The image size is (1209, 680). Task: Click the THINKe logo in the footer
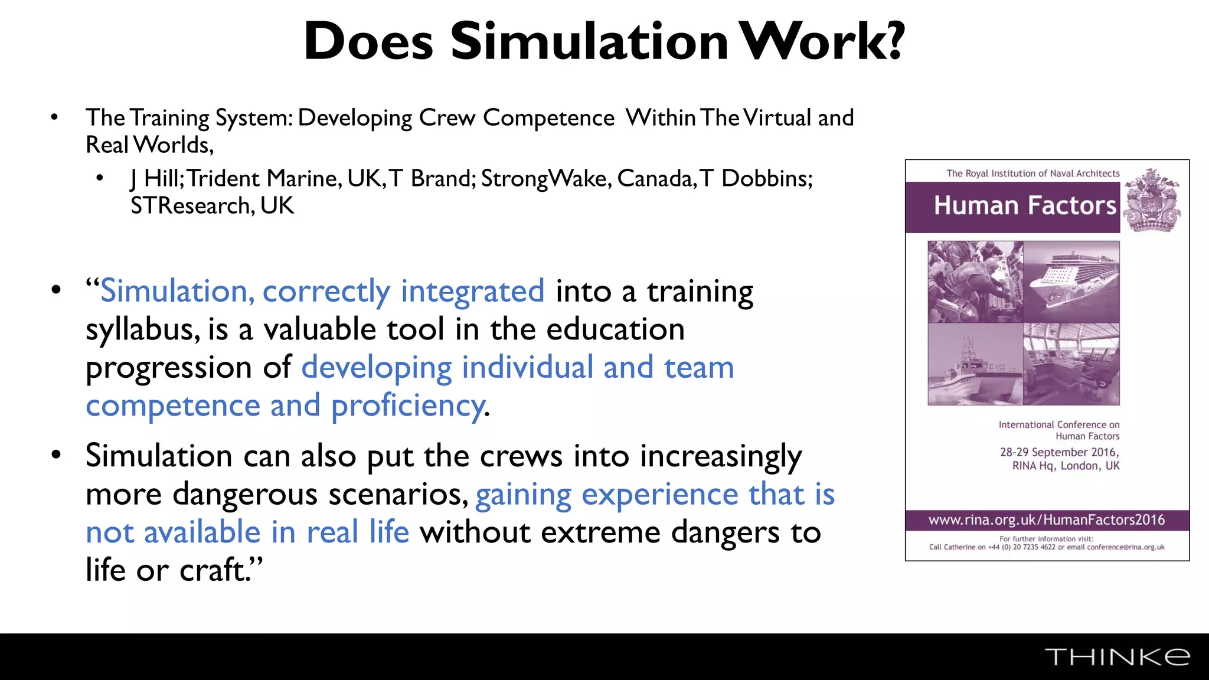coord(1117,657)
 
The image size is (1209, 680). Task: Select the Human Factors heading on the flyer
coord(1025,205)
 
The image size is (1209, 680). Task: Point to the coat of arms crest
coord(1151,201)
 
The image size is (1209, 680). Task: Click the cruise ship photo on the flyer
coord(1071,282)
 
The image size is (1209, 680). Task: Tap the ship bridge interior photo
coord(1071,364)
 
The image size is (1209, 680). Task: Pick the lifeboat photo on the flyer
coord(975,364)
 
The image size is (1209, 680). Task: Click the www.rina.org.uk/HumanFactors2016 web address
coord(1047,520)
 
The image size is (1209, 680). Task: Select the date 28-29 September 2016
coord(1059,452)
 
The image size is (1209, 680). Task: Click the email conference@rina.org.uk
coord(1125,547)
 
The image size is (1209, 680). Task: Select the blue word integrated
coord(472,291)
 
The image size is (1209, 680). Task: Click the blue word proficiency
coord(408,406)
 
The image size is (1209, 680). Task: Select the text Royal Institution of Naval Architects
coord(1043,174)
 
